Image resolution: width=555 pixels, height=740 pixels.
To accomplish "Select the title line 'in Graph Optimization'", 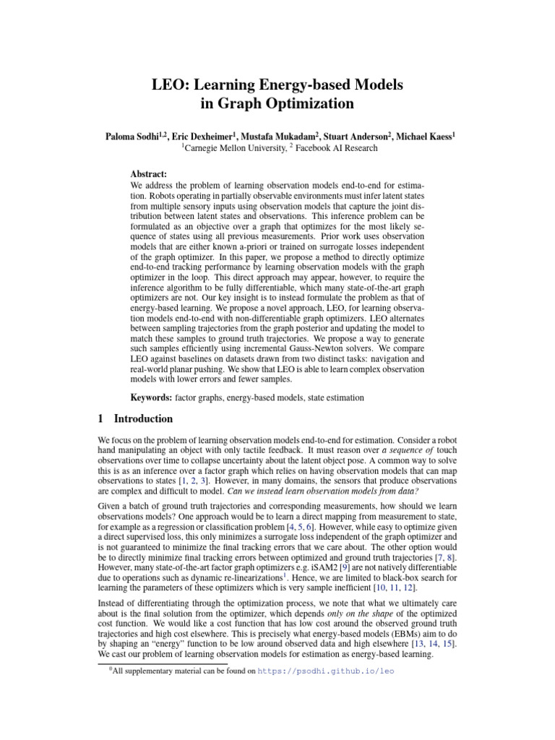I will pos(277,103).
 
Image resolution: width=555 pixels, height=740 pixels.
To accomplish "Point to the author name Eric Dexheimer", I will pos(208,136).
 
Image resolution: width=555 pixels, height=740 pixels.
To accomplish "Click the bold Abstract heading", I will pos(148,175).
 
